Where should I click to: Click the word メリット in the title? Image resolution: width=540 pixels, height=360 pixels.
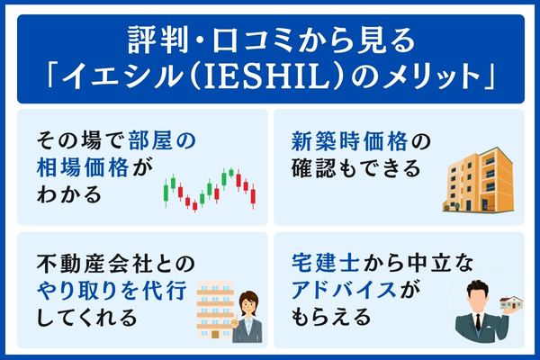click(438, 76)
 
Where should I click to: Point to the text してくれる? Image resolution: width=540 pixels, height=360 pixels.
click(87, 317)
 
